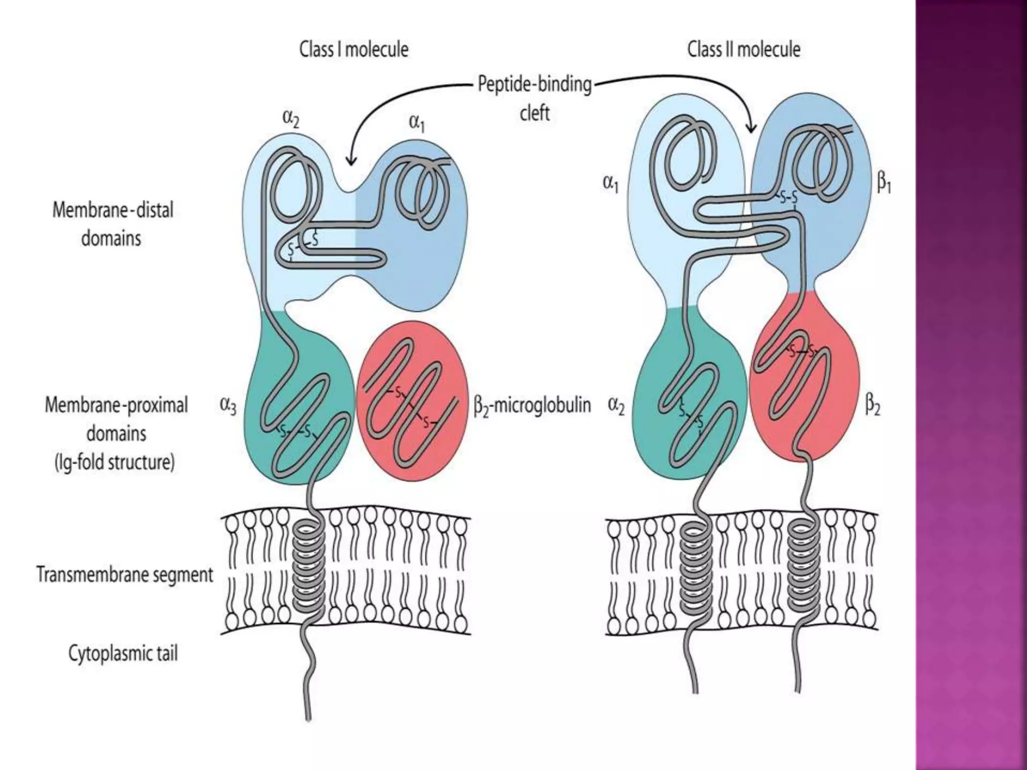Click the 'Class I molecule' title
tap(354, 50)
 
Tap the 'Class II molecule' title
tap(743, 50)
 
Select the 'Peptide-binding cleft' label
tap(535, 98)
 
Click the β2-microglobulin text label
tap(532, 405)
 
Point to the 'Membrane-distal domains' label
tap(112, 224)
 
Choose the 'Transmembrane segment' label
tap(125, 574)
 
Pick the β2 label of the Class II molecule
tap(873, 406)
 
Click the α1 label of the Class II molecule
tap(610, 184)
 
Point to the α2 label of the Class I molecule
tap(291, 119)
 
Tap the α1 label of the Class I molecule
tap(417, 123)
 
